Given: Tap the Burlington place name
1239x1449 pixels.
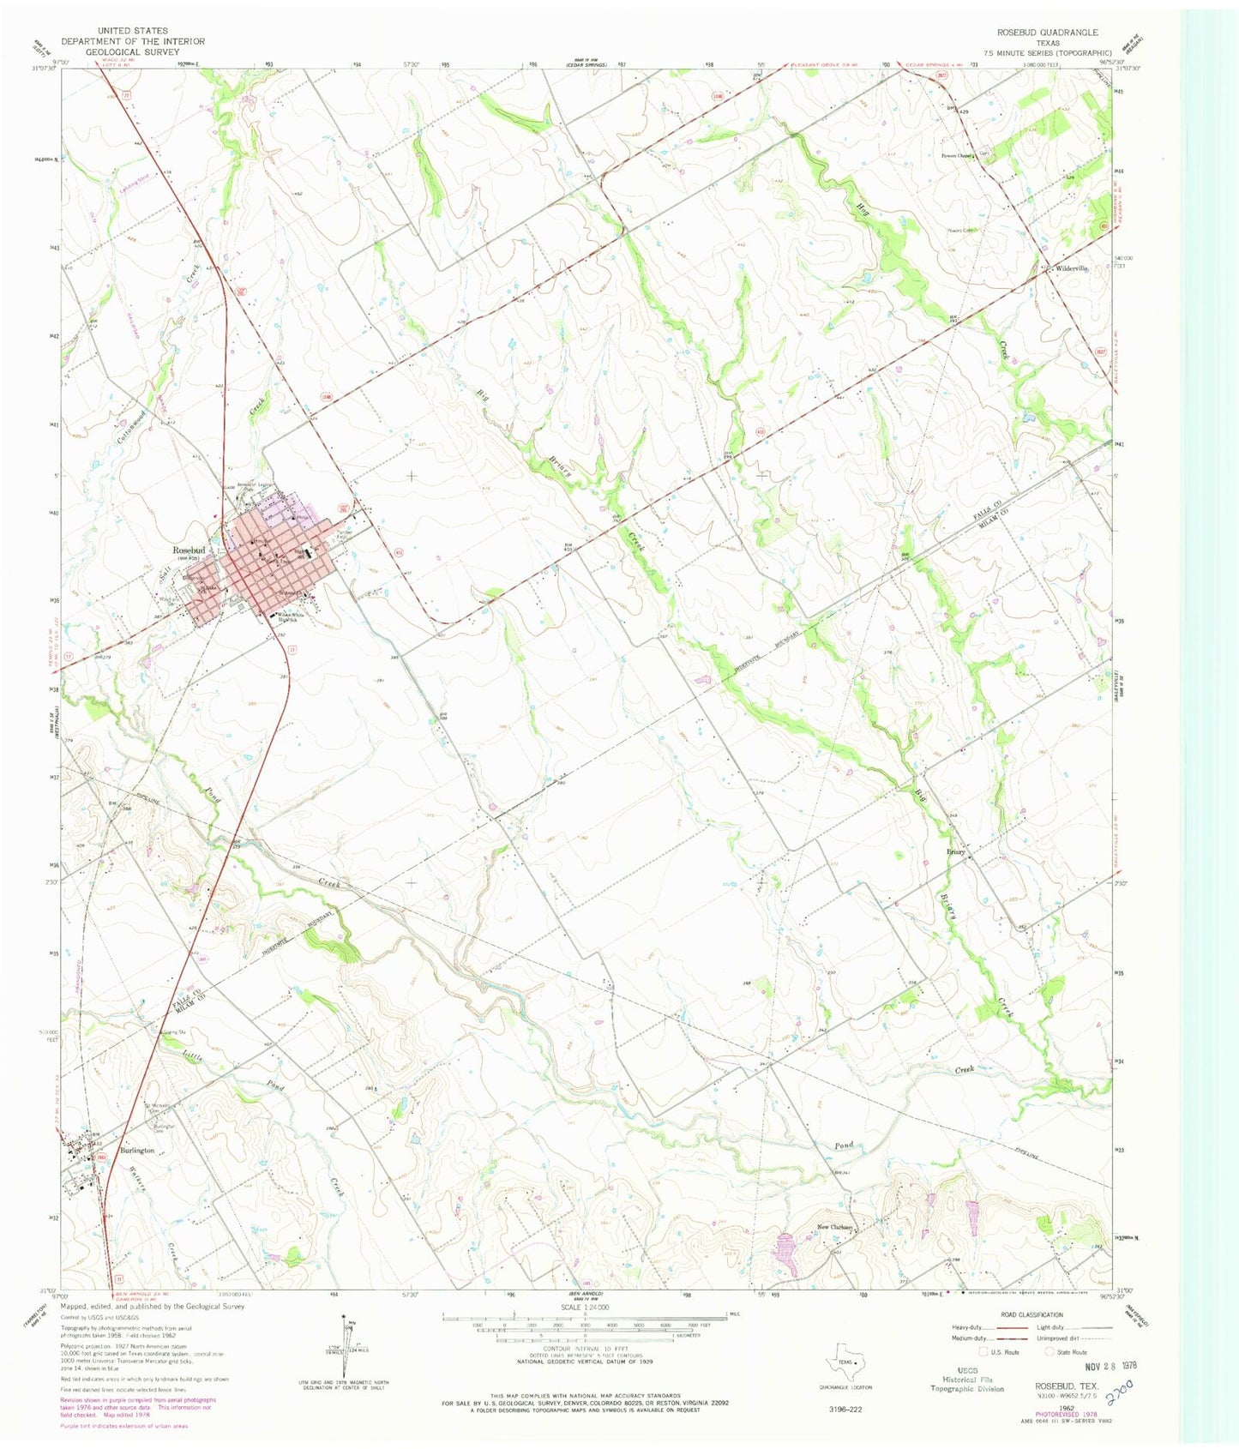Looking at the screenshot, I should (x=136, y=1151).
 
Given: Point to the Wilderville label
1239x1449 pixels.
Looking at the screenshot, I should (x=1073, y=268).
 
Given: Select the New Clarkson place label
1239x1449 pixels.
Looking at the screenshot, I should (x=834, y=1227).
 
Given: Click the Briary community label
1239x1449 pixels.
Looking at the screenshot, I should (x=955, y=851).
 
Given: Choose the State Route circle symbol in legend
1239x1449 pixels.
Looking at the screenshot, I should (x=1052, y=1352).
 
